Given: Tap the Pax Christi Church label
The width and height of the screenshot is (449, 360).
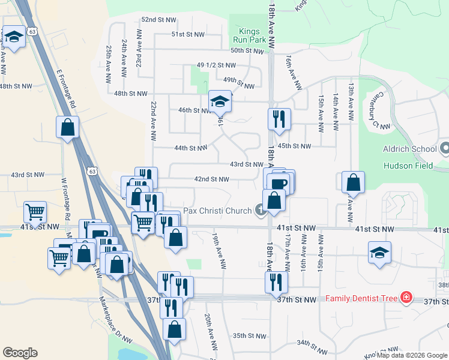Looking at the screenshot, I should tap(216, 211).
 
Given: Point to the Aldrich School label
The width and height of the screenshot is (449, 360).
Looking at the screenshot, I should tap(409, 149).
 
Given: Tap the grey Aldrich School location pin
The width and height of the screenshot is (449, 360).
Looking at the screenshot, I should tap(444, 147).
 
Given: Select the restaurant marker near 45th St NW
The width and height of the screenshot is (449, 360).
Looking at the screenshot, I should tap(279, 119).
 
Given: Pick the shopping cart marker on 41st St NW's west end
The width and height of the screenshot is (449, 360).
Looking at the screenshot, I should tap(35, 213).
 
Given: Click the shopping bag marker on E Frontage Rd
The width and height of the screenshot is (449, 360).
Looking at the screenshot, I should tap(67, 127).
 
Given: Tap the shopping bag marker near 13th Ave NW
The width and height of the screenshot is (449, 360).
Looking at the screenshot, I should tap(353, 182).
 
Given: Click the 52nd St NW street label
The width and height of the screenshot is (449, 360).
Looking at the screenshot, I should tap(157, 20).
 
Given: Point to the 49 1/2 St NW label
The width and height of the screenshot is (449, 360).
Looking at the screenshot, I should tap(216, 65).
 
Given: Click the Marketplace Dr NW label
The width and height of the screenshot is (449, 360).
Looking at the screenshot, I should tap(103, 323).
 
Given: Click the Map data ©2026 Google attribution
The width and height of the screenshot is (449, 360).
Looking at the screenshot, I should tap(412, 355).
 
